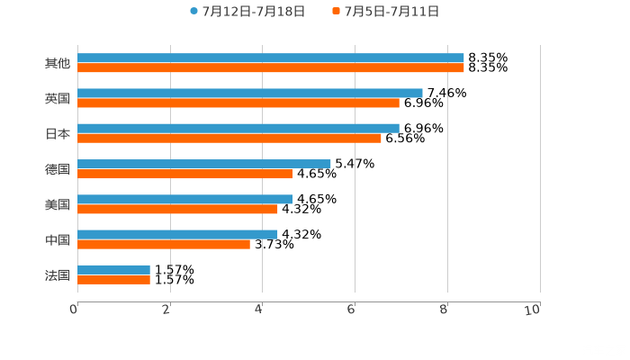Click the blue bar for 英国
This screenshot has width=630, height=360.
point(250,93)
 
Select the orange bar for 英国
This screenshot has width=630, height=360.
point(238,103)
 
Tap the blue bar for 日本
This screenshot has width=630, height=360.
point(238,128)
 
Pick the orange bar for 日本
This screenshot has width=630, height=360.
point(229,138)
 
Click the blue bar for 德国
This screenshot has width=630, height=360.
point(204,164)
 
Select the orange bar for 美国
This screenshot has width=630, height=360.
point(178,209)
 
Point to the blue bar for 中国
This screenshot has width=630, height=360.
point(178,234)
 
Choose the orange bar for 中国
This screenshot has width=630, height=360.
point(164,244)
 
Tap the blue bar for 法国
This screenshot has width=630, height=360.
point(114,269)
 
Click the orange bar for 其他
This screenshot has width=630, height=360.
point(271,67)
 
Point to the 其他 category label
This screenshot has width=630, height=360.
point(58,63)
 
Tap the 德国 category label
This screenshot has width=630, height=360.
point(58,169)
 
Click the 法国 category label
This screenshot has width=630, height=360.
point(58,274)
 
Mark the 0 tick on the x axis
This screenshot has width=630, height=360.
point(74,310)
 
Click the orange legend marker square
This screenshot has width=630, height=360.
point(336,12)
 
